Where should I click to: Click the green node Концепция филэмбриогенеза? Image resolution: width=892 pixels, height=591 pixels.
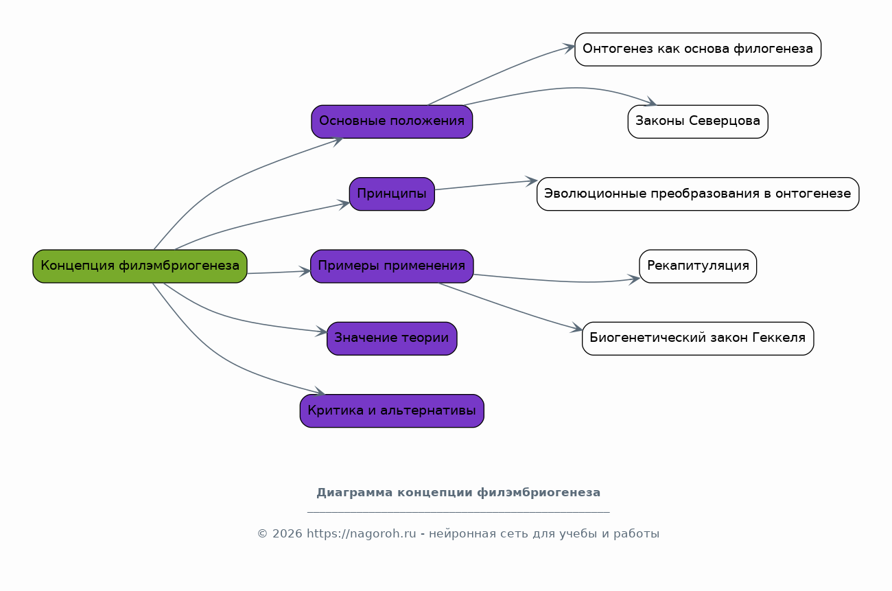(x=140, y=266)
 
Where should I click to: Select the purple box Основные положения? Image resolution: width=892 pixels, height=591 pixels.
(x=392, y=121)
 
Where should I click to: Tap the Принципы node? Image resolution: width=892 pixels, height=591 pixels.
(x=392, y=194)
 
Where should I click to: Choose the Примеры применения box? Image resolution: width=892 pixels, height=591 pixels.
(x=392, y=266)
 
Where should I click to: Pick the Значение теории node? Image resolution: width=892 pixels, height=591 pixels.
(x=392, y=338)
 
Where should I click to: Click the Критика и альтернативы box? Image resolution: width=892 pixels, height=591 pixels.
(x=392, y=411)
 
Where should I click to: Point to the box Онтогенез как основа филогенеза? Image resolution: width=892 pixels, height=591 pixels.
(x=698, y=49)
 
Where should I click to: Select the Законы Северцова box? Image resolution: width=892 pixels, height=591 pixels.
(x=698, y=121)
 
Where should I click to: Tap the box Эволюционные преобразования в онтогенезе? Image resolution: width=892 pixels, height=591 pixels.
(x=698, y=194)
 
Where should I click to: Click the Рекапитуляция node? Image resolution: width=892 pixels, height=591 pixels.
(x=698, y=266)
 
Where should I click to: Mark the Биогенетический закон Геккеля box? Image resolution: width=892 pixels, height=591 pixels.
(x=698, y=338)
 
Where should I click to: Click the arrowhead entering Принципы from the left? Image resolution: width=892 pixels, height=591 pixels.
(x=344, y=205)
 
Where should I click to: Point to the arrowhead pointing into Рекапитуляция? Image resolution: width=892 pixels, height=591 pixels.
(x=634, y=279)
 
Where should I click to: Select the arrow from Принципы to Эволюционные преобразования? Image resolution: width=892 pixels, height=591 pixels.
(x=486, y=185)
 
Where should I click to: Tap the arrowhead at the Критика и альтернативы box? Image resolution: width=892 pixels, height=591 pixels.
(x=319, y=392)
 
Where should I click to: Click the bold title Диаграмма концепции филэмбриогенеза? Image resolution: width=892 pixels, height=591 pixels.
(x=458, y=493)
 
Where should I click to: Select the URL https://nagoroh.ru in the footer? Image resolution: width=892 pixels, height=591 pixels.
(x=361, y=533)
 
